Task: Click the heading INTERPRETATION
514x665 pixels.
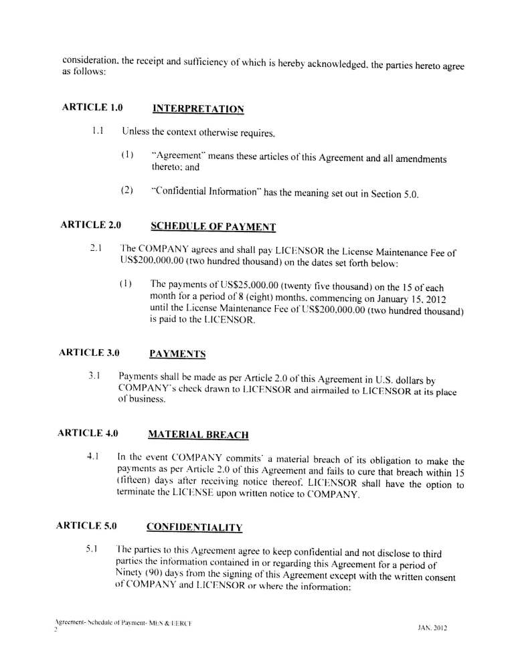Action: pos(198,108)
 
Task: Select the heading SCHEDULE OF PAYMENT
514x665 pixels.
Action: pos(213,227)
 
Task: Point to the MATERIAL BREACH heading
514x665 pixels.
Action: pos(198,435)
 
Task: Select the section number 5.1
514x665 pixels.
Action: pos(93,549)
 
